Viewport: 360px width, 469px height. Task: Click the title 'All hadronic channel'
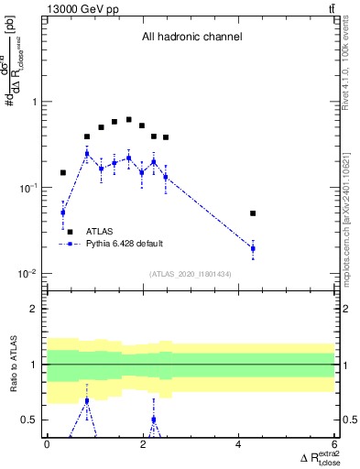[x=191, y=38]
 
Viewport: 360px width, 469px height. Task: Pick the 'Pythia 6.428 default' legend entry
[x=125, y=244]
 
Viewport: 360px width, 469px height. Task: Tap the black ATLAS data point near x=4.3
[x=253, y=213]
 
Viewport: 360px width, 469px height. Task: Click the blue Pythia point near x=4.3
[x=253, y=248]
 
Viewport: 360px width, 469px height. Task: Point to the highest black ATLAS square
[x=128, y=120]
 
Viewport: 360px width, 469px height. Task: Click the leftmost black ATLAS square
[x=63, y=172]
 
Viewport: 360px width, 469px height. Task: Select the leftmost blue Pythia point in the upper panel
[x=63, y=213]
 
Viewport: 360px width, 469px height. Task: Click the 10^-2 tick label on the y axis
[x=31, y=274]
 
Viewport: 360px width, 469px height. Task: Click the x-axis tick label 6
[x=334, y=444]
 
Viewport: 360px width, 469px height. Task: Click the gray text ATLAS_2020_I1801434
[x=191, y=274]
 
